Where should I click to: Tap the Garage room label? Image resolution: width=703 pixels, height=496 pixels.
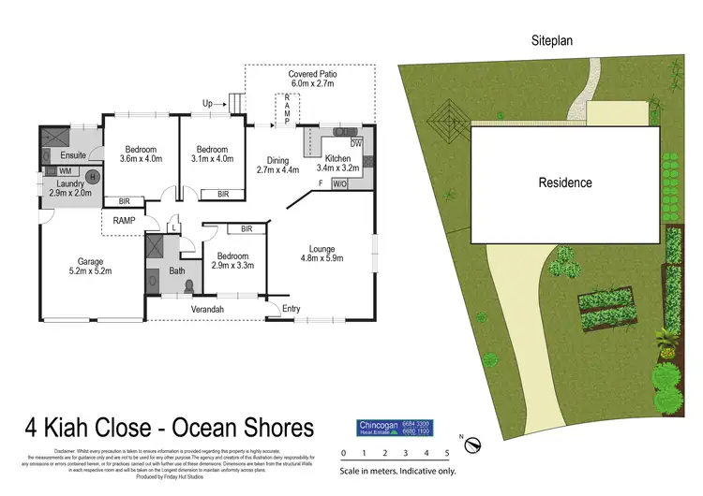pyautogui.click(x=90, y=266)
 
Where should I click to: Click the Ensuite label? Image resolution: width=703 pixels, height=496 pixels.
pyautogui.click(x=73, y=154)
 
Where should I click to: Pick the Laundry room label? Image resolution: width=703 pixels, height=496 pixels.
pyautogui.click(x=70, y=188)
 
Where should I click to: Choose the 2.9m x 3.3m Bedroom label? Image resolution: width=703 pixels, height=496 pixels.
pyautogui.click(x=232, y=261)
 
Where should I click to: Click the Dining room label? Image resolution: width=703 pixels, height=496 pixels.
pyautogui.click(x=277, y=165)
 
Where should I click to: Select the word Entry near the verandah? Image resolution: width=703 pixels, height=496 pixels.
pyautogui.click(x=292, y=309)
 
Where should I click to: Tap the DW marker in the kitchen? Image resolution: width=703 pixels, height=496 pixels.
pyautogui.click(x=356, y=144)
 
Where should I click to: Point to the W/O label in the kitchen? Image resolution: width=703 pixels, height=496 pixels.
pyautogui.click(x=338, y=183)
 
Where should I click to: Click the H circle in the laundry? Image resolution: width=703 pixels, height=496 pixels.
pyautogui.click(x=92, y=176)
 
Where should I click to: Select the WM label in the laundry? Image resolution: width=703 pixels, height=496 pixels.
pyautogui.click(x=66, y=171)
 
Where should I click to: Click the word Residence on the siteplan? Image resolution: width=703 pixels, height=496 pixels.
pyautogui.click(x=564, y=182)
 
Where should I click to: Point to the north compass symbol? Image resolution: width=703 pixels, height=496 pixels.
pyautogui.click(x=472, y=443)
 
